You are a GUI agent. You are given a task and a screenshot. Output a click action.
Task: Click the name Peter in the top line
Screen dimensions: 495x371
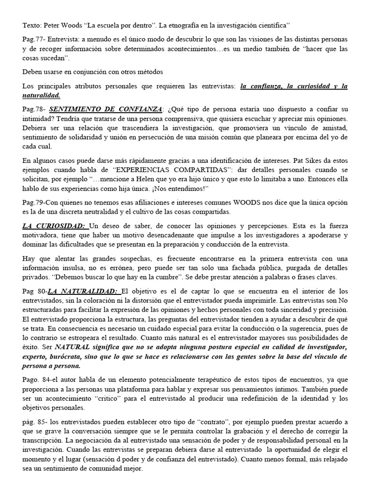(49, 24)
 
